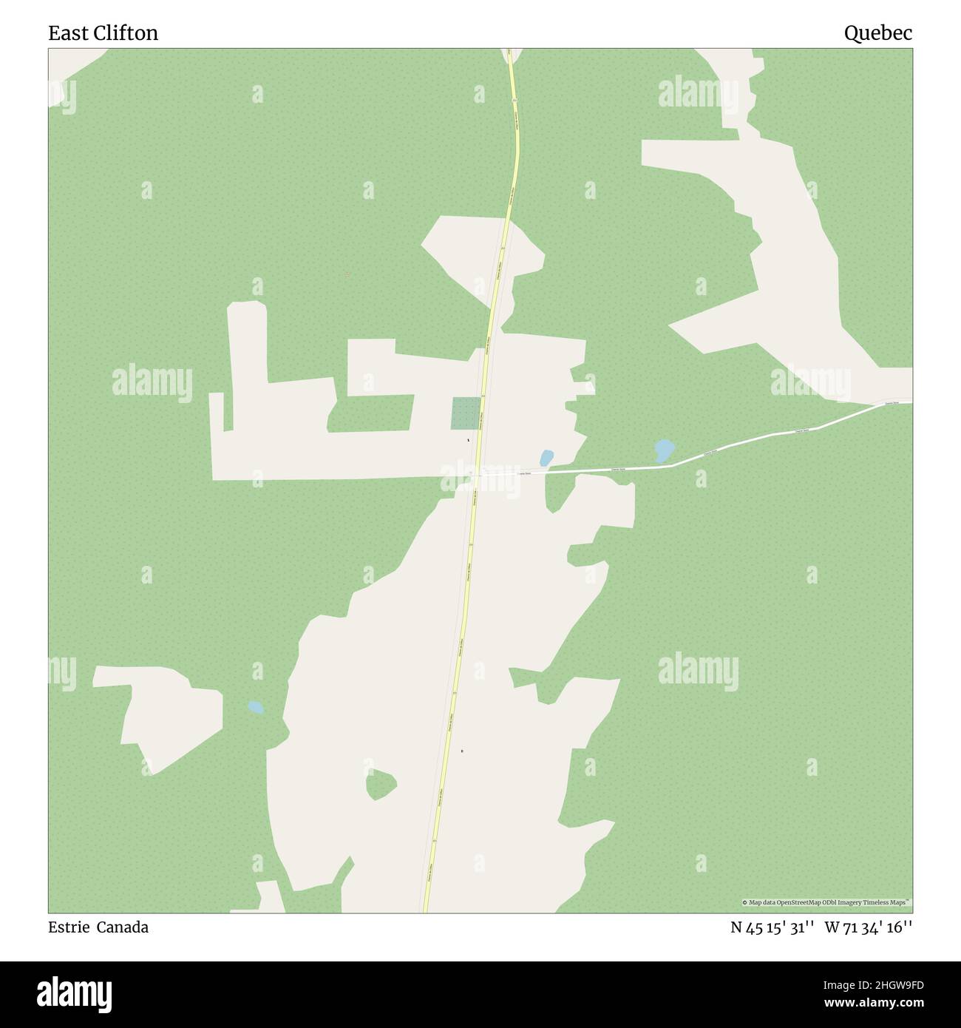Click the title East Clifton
click(103, 33)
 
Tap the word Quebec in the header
click(878, 33)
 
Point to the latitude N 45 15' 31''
click(772, 927)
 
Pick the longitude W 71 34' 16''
click(869, 927)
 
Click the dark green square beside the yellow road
click(466, 413)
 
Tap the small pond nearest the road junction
click(547, 459)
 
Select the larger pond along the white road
click(664, 450)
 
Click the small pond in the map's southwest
click(256, 707)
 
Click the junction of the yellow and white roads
click(478, 472)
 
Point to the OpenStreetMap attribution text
click(826, 902)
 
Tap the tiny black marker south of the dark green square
click(468, 441)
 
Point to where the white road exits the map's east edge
click(910, 402)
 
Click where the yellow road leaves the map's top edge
click(509, 51)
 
